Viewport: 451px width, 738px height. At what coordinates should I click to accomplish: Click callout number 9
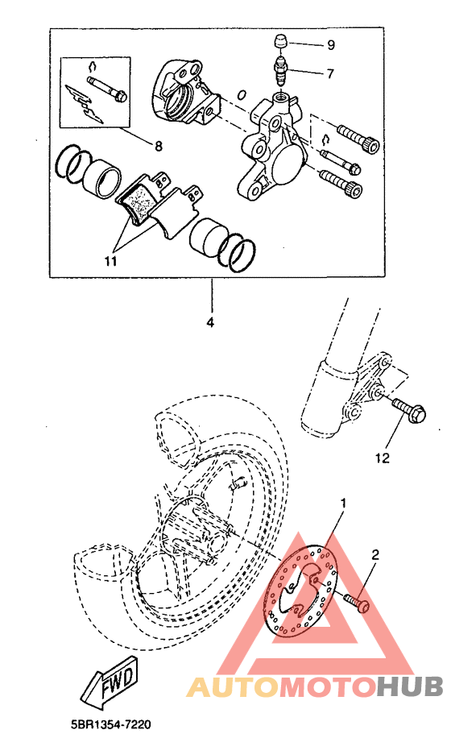tap(329, 44)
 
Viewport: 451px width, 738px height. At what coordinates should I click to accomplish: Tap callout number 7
tap(329, 73)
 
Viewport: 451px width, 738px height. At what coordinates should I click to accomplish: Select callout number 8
tap(159, 146)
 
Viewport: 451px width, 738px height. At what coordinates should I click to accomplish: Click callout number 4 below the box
tap(211, 323)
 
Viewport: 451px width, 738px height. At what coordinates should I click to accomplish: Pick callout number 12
tap(382, 458)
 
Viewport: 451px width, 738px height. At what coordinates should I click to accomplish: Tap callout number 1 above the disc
tap(343, 504)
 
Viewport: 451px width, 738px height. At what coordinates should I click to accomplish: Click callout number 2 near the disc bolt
tap(374, 555)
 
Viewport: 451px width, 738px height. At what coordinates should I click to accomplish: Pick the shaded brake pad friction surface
tap(142, 200)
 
